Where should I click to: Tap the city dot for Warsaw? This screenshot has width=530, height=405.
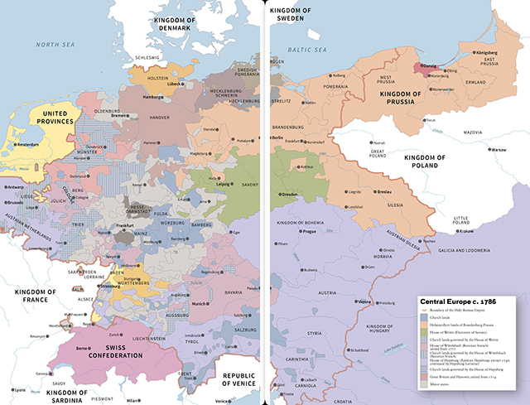(488, 149)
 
